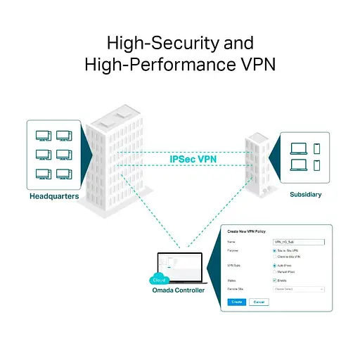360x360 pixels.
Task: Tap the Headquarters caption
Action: pos(55,196)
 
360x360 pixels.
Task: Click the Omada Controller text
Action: pos(179,290)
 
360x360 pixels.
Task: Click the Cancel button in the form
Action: pos(258,302)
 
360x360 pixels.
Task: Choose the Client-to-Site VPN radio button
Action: pos(274,257)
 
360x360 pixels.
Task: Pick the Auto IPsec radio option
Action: pos(274,265)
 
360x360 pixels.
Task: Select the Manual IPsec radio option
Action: pos(274,271)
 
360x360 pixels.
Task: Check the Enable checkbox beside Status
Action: pos(274,280)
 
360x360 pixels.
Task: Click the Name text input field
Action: pos(297,241)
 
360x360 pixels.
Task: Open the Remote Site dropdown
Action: pos(297,289)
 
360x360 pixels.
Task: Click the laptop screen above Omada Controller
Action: pos(181,266)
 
